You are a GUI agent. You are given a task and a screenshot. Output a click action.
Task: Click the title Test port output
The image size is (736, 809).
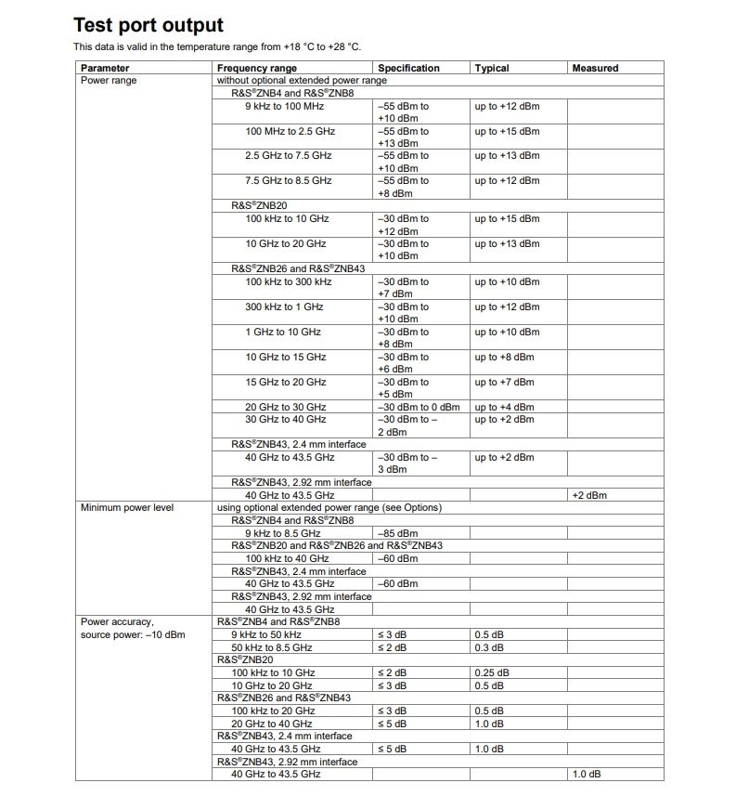tap(148, 25)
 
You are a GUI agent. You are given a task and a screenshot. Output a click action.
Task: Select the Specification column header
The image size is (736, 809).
tap(408, 68)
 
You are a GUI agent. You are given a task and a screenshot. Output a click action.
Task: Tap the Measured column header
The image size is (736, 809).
tap(595, 68)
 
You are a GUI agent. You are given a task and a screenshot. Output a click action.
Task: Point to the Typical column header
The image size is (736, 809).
tap(492, 68)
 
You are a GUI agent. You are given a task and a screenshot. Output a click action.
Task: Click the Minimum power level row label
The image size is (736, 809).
tap(126, 507)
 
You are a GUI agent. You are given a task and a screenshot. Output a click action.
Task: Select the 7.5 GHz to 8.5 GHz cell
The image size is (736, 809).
tap(288, 180)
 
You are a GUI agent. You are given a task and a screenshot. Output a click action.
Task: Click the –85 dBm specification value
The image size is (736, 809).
tap(398, 533)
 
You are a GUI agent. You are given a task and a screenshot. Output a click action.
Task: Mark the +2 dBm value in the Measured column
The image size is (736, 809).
tap(589, 495)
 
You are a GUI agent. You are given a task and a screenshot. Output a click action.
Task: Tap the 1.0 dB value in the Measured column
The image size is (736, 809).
tap(587, 774)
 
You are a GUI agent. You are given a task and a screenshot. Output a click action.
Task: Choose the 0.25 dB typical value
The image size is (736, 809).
tap(492, 672)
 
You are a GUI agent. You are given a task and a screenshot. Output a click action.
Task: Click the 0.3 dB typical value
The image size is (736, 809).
tap(489, 647)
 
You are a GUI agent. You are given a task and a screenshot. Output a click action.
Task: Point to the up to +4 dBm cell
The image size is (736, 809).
tap(504, 407)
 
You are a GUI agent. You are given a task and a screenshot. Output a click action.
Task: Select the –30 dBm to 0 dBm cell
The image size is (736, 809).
tap(419, 407)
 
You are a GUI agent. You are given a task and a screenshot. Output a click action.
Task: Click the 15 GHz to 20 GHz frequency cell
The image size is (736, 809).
tap(286, 382)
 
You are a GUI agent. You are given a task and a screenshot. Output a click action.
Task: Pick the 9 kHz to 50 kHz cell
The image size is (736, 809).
tap(271, 634)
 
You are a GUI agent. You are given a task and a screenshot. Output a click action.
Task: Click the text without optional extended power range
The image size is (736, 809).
tap(302, 81)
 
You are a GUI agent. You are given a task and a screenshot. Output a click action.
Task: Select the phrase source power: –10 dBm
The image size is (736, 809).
tap(133, 634)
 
